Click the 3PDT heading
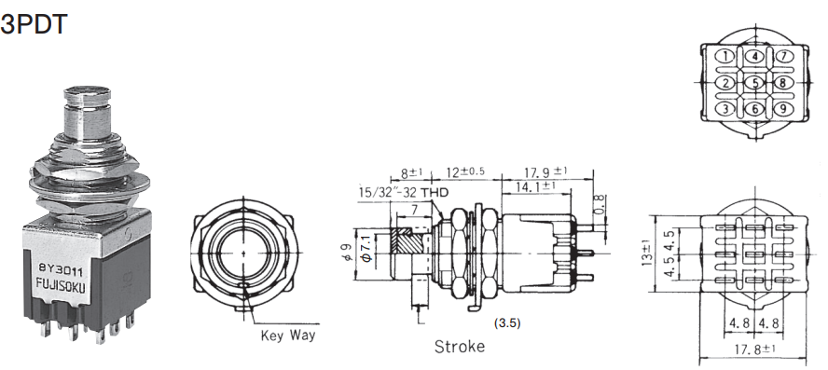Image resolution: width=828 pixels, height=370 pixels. click(34, 23)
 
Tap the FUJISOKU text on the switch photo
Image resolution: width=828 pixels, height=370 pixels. click(61, 285)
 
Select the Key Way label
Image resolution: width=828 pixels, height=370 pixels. click(288, 336)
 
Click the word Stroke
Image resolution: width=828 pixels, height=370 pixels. click(460, 347)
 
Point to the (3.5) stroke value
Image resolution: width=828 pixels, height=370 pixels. click(507, 323)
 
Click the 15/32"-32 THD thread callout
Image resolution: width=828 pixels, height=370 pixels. click(404, 193)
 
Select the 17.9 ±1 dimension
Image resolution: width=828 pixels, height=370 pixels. click(546, 171)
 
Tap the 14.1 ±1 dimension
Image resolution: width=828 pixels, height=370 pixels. click(533, 185)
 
